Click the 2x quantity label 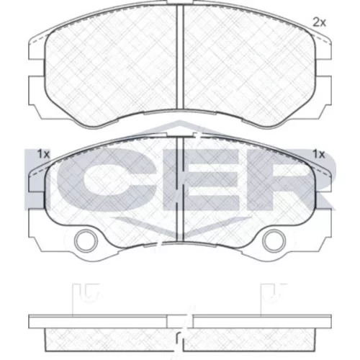[x=320, y=23]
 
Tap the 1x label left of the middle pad [x=43, y=154]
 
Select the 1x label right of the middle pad [x=318, y=154]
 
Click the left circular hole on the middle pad [x=86, y=240]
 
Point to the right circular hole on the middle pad [x=274, y=240]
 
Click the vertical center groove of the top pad [x=180, y=57]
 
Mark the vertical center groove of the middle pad [x=180, y=189]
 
